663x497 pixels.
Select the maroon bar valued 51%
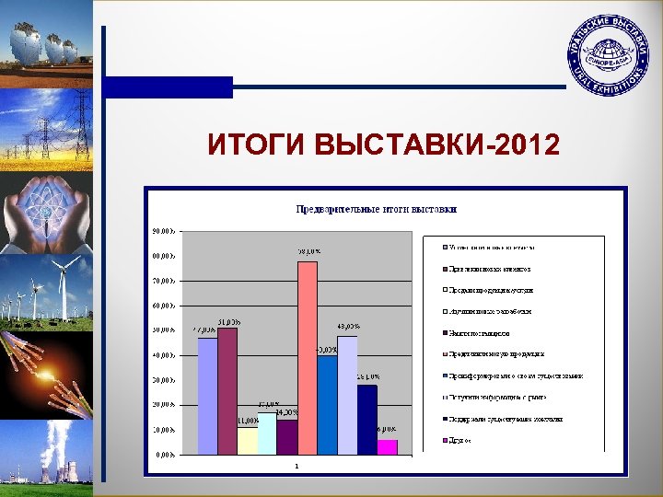(227, 390)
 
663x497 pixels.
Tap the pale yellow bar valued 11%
(248, 440)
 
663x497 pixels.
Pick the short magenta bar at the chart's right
(387, 446)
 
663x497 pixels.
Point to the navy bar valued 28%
(367, 419)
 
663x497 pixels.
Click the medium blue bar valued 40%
(327, 404)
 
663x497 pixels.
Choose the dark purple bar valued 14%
(287, 436)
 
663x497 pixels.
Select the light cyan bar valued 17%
(267, 433)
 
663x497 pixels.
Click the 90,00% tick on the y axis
(167, 230)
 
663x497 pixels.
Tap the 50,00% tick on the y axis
(167, 329)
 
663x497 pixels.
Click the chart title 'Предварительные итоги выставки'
(376, 209)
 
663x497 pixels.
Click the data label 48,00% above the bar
(348, 326)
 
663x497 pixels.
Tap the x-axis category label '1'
(297, 466)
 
